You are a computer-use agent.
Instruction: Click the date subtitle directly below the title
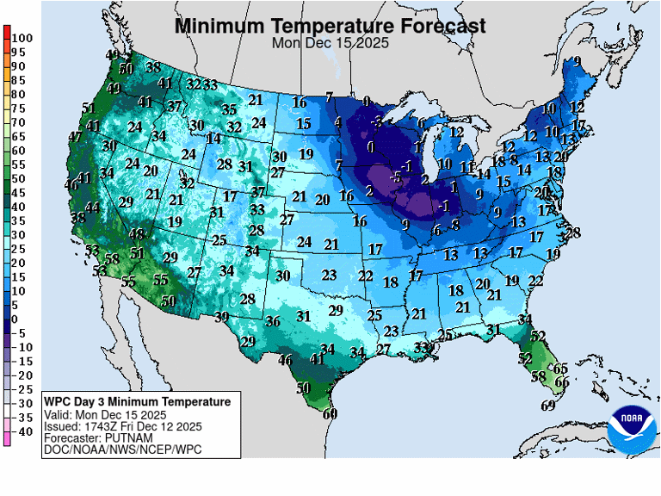330,42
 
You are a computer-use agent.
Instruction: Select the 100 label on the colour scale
22,38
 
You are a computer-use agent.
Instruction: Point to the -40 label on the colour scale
22,431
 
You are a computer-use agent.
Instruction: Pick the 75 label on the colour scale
18,108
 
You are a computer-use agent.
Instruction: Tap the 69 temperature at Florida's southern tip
547,406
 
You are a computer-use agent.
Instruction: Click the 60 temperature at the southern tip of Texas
330,413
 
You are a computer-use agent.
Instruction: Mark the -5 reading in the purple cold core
397,177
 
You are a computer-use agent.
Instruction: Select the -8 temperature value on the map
454,225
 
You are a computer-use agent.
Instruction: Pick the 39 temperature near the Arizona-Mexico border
221,317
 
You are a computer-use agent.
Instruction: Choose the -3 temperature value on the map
376,122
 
